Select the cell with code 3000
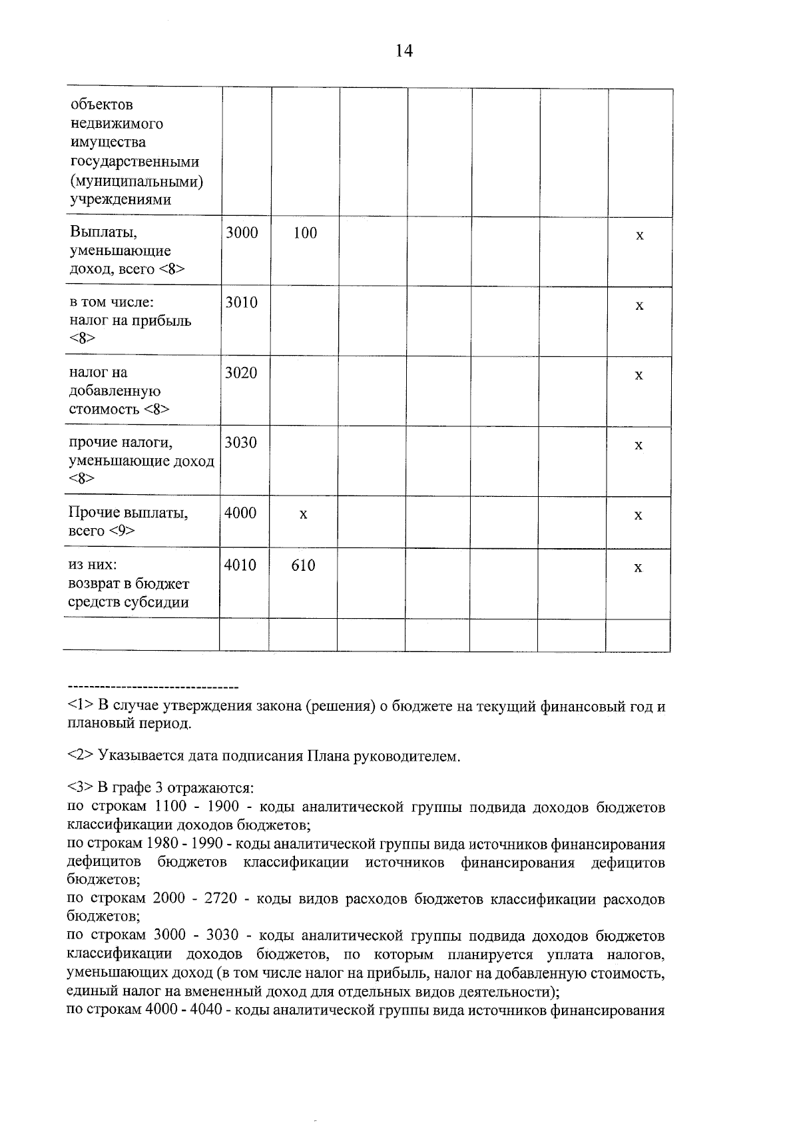pyautogui.click(x=242, y=232)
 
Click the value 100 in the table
pyautogui.click(x=305, y=232)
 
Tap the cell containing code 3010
pyautogui.click(x=241, y=302)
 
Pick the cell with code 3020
pyautogui.click(x=241, y=373)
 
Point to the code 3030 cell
pyautogui.click(x=241, y=443)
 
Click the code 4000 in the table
pyautogui.click(x=240, y=513)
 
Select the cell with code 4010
pyautogui.click(x=240, y=565)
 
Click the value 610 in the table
pyautogui.click(x=303, y=565)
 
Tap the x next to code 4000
pyautogui.click(x=303, y=515)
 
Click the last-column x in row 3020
pyautogui.click(x=639, y=376)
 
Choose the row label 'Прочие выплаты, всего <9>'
pyautogui.click(x=128, y=522)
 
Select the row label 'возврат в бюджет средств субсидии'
pyautogui.click(x=129, y=593)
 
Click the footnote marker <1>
pyautogui.click(x=81, y=706)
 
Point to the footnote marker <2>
pyautogui.click(x=81, y=756)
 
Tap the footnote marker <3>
pyautogui.click(x=81, y=789)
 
